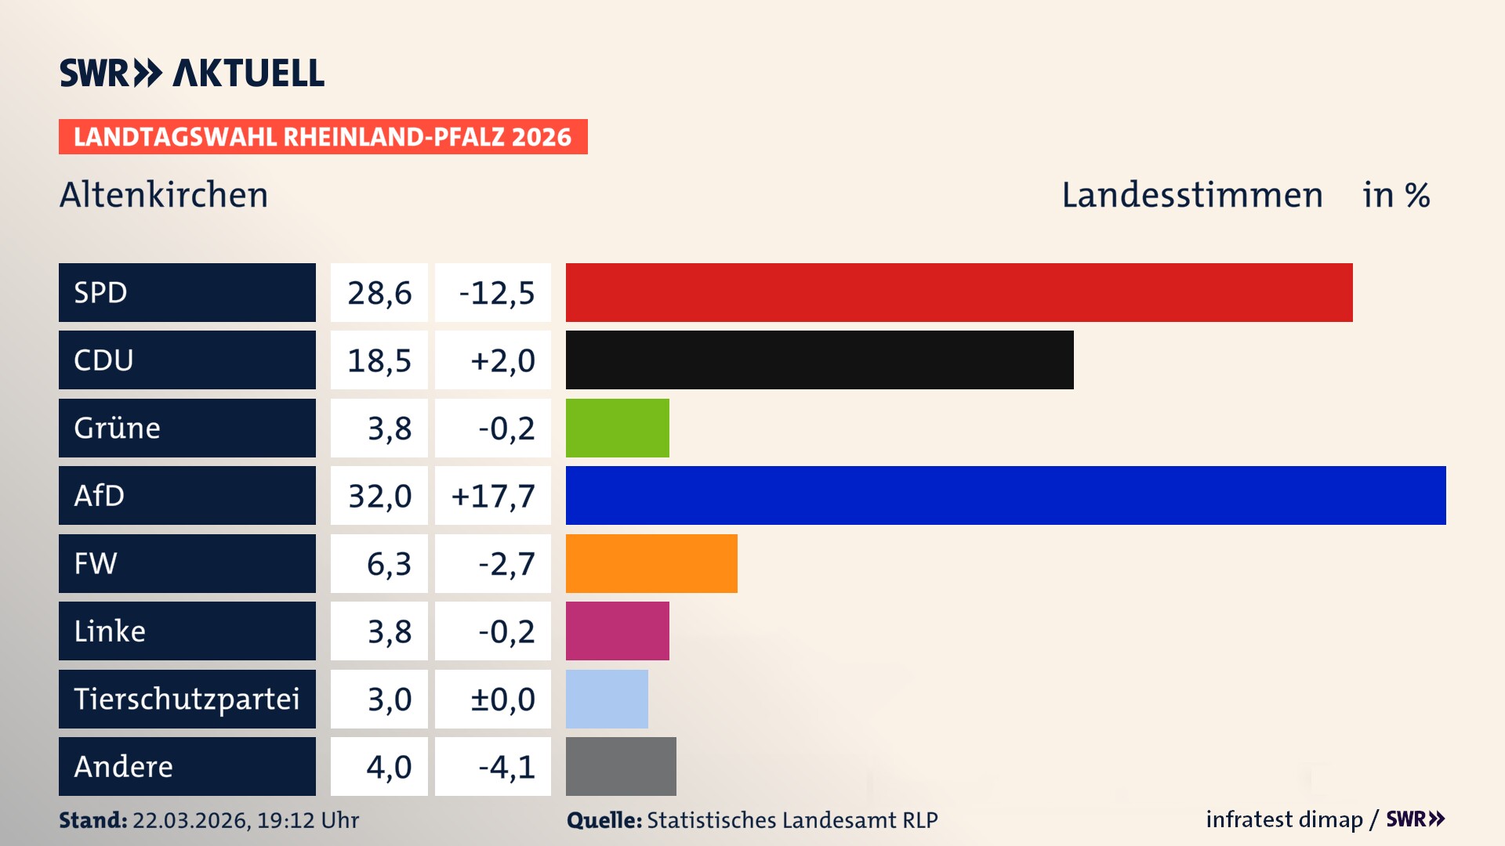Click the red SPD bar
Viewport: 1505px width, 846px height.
pyautogui.click(x=959, y=292)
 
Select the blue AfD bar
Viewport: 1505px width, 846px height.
pyautogui.click(x=1006, y=495)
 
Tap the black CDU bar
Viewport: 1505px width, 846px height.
pyautogui.click(x=819, y=360)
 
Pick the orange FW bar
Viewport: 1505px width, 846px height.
pyautogui.click(x=651, y=563)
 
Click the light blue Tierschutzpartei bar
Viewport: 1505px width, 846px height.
pyautogui.click(x=607, y=699)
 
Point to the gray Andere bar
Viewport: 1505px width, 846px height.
pyautogui.click(x=621, y=766)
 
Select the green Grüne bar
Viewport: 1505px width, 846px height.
pyautogui.click(x=617, y=428)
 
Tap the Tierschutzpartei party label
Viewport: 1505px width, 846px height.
pyautogui.click(x=187, y=699)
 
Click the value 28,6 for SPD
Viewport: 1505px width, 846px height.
pyautogui.click(x=379, y=293)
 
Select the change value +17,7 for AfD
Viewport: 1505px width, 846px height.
pyautogui.click(x=493, y=496)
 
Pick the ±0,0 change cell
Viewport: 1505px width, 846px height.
pyautogui.click(x=502, y=699)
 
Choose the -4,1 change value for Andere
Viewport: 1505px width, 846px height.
pyautogui.click(x=506, y=767)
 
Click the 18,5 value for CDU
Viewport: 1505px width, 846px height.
pyautogui.click(x=379, y=360)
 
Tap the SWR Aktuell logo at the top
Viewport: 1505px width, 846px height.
pyautogui.click(x=192, y=73)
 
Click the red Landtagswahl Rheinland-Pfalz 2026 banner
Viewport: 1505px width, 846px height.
pyautogui.click(x=322, y=137)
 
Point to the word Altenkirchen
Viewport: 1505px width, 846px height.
pyautogui.click(x=164, y=194)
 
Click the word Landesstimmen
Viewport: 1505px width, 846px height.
pyautogui.click(x=1191, y=195)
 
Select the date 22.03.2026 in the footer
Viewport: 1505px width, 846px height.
pyautogui.click(x=190, y=820)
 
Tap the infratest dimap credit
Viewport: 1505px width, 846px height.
pyautogui.click(x=1283, y=819)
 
